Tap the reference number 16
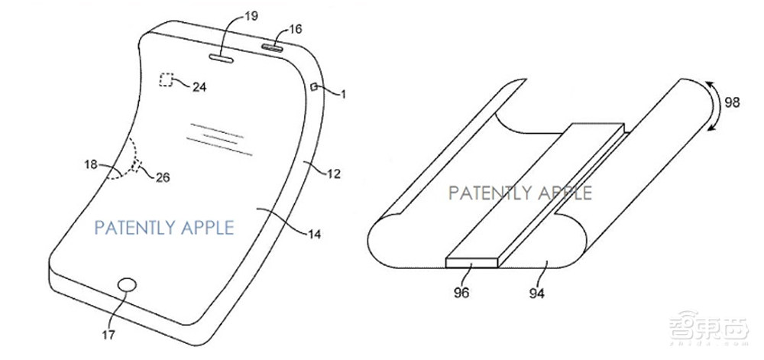pos(295,29)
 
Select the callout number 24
pos(199,87)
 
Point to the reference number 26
pos(163,178)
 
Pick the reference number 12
pos(334,174)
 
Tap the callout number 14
pos(315,235)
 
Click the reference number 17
pos(109,336)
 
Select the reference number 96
pos(461,294)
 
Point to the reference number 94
pos(536,294)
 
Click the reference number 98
pos(732,102)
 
